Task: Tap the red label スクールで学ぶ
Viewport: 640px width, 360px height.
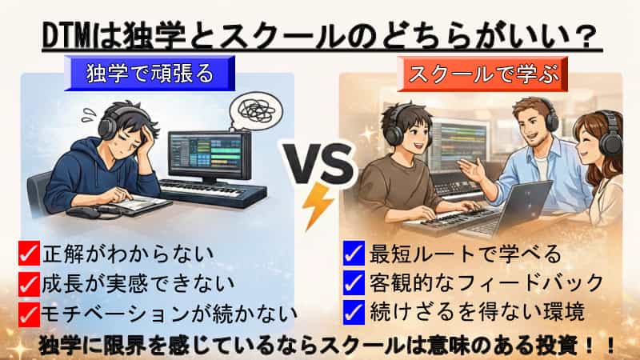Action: point(478,74)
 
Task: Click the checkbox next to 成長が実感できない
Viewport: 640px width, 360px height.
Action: point(29,282)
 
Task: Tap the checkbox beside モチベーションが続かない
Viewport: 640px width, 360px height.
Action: point(29,310)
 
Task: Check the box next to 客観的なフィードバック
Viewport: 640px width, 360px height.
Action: point(353,282)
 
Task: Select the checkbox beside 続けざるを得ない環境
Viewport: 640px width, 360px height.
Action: point(353,310)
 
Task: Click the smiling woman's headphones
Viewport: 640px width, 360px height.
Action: point(610,139)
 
